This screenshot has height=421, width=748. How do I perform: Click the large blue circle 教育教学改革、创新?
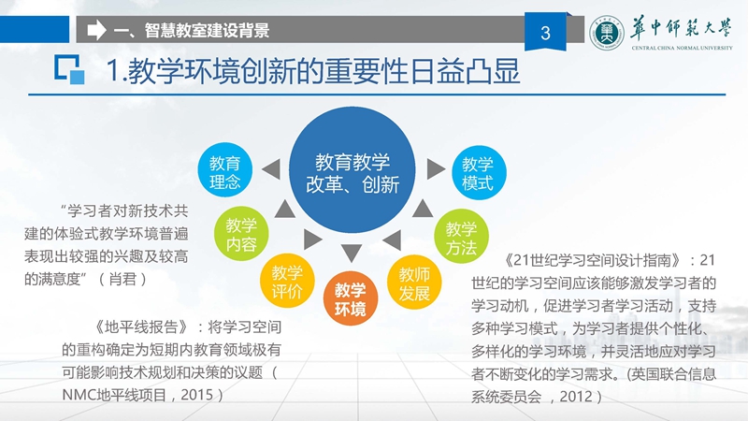click(352, 170)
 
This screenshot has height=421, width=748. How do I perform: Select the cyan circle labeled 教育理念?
click(224, 169)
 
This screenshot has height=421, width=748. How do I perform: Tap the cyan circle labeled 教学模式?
click(479, 172)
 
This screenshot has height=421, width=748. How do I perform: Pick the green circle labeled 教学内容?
click(241, 233)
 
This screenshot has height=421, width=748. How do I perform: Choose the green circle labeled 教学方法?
click(461, 237)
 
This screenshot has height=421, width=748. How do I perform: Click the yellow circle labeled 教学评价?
click(287, 281)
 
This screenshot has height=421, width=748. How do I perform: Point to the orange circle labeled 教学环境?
click(351, 298)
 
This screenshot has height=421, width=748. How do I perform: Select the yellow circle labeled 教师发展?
click(414, 283)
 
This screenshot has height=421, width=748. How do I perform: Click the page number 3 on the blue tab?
click(546, 33)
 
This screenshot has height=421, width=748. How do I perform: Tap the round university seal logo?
click(607, 33)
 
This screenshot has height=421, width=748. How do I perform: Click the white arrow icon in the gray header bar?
click(97, 30)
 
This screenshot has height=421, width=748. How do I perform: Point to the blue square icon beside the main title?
click(69, 69)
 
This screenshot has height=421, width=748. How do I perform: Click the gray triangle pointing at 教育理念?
click(271, 169)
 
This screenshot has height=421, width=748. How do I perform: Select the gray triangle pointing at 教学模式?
click(436, 169)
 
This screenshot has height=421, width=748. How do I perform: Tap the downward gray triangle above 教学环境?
click(352, 253)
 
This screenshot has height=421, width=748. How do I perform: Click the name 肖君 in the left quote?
click(122, 279)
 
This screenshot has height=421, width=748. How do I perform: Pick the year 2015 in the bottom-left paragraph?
click(196, 395)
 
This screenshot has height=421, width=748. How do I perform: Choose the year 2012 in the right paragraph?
click(576, 396)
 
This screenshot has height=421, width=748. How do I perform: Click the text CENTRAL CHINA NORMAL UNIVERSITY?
click(683, 48)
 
